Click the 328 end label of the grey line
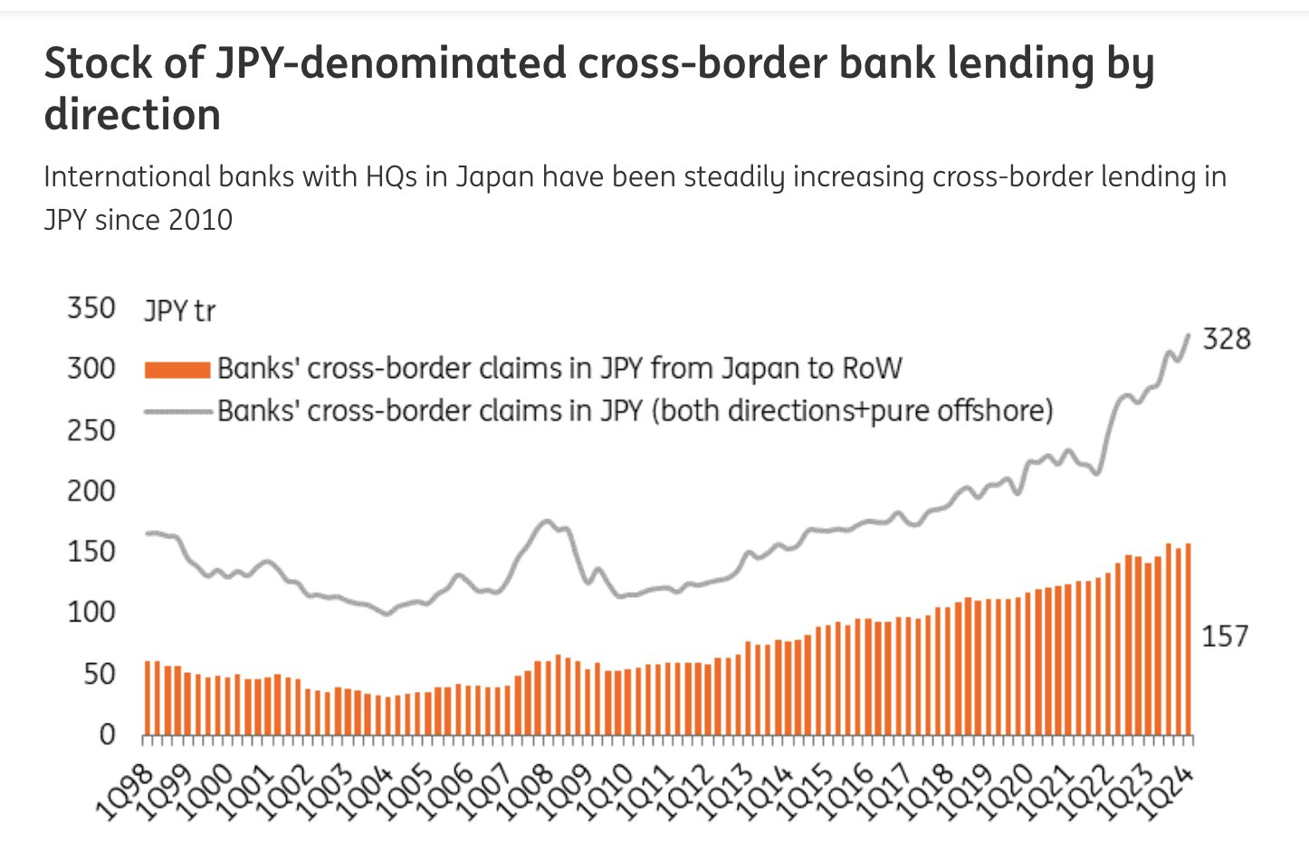click(x=1226, y=339)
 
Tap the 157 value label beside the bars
click(x=1224, y=637)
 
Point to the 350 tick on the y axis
click(x=91, y=308)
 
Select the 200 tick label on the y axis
click(x=91, y=491)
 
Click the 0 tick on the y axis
click(x=107, y=734)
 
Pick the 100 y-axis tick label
click(x=91, y=612)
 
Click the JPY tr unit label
click(x=179, y=311)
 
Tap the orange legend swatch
click(x=177, y=369)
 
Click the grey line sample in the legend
click(x=177, y=412)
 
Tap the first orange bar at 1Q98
click(x=148, y=697)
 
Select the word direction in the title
click(x=132, y=115)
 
